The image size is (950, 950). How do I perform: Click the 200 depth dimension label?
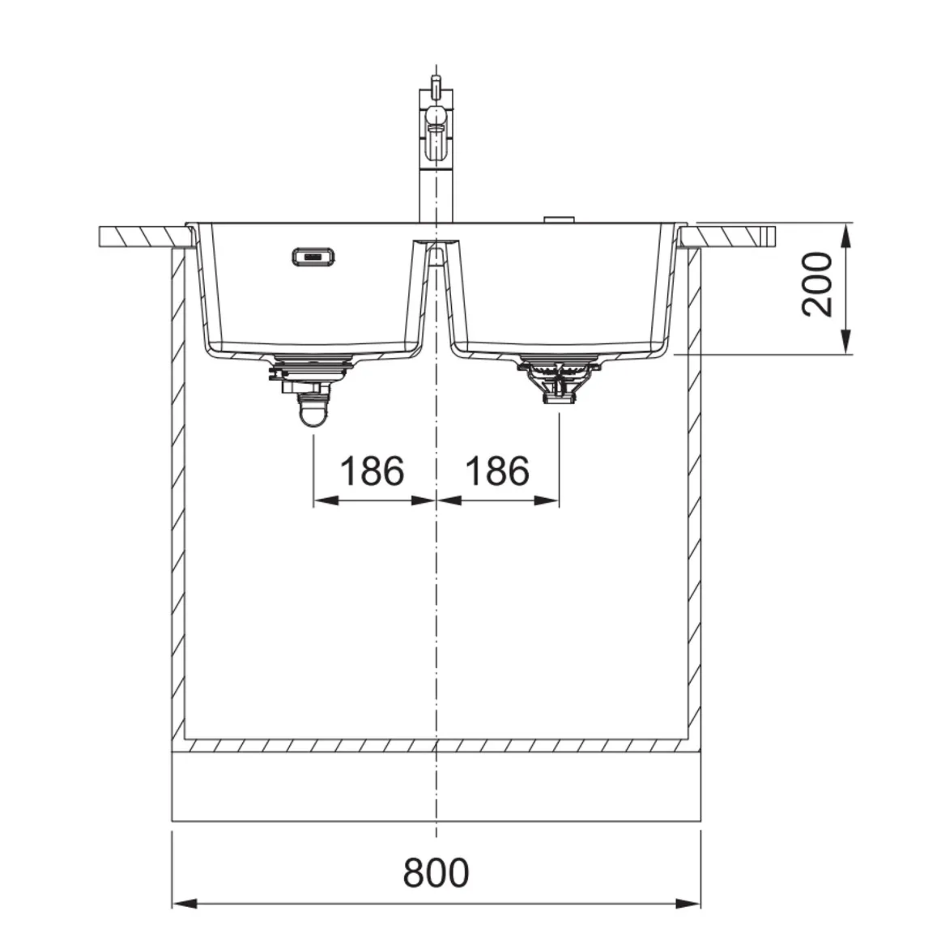[817, 285]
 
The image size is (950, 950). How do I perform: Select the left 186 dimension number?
[372, 471]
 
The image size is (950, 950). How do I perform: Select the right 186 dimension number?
[497, 471]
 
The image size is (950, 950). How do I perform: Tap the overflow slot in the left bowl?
[313, 256]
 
